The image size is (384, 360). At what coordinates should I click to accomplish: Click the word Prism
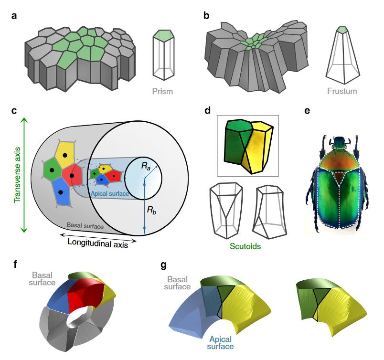162,91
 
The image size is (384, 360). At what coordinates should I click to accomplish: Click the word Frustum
342,91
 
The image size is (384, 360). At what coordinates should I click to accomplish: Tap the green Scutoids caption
245,246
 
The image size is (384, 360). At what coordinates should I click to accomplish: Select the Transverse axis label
17,175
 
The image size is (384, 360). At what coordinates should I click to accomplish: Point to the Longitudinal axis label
98,244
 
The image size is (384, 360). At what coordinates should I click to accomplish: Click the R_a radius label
146,166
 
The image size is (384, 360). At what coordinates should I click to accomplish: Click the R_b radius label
151,210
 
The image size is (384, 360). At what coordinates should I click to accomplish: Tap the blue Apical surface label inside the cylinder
110,193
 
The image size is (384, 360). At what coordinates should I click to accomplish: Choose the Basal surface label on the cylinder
85,225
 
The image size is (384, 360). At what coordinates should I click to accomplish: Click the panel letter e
307,111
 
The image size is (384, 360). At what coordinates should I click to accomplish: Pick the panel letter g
163,265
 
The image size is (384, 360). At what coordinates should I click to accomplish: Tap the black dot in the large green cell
52,170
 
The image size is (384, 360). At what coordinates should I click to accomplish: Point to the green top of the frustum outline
342,30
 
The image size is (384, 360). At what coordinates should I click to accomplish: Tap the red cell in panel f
85,293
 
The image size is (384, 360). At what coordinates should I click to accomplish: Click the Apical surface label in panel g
220,343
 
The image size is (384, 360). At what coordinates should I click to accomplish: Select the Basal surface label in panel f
42,279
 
